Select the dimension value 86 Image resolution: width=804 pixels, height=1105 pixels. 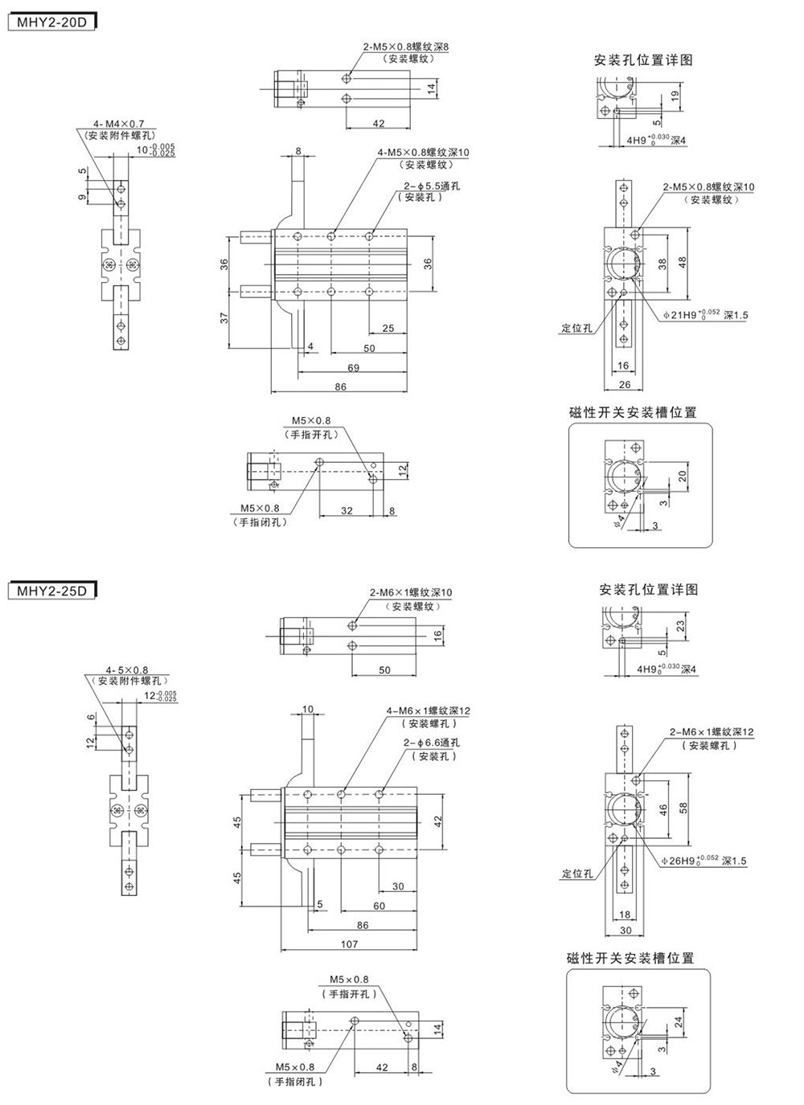tap(340, 387)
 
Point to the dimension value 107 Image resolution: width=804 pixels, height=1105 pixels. tap(349, 944)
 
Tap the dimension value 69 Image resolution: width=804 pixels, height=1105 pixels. tap(353, 367)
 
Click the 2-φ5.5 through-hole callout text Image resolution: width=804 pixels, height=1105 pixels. tap(432, 186)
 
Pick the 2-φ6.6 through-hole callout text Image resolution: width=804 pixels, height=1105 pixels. tap(432, 743)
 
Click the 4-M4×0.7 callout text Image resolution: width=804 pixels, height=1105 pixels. tap(118, 124)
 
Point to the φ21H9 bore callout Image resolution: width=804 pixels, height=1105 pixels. tap(705, 315)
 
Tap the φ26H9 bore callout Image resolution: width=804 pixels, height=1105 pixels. tap(703, 861)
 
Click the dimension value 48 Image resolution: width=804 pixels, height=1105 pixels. tap(683, 262)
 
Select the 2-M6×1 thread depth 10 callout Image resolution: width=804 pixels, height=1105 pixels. tap(411, 592)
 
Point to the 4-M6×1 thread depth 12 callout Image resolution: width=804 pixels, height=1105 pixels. tap(428, 710)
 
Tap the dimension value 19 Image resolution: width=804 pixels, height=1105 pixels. tap(676, 94)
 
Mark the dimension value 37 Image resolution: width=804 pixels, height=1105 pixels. tap(225, 317)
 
